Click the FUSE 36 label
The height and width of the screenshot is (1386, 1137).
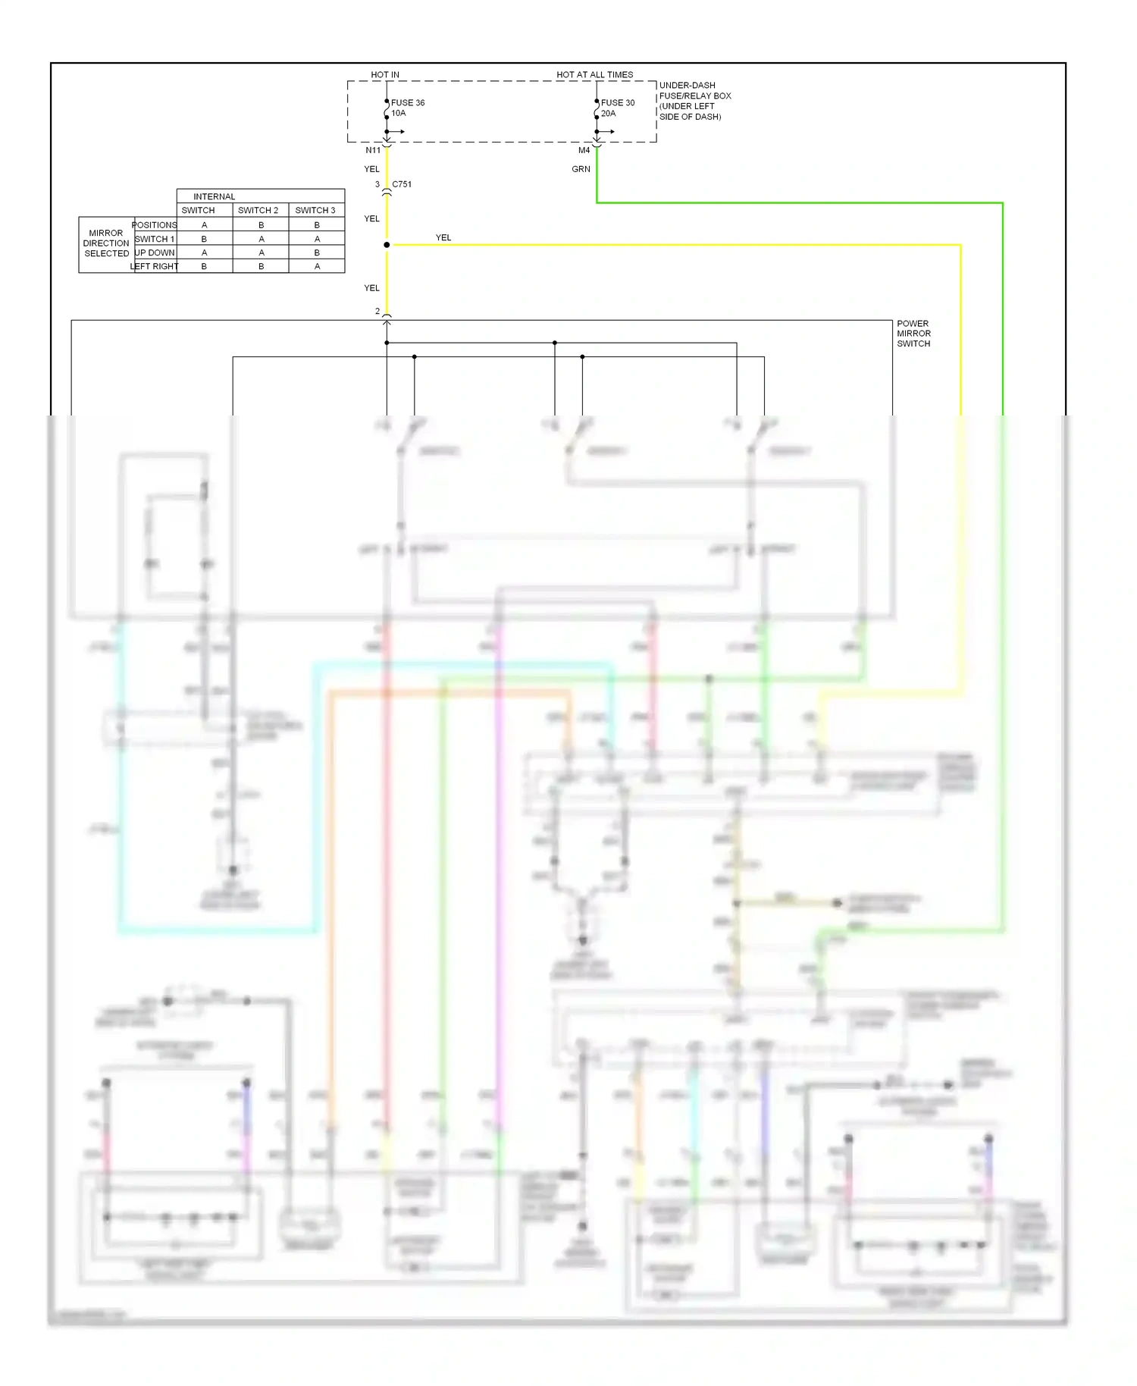(x=408, y=102)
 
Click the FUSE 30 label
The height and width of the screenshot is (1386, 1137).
(x=618, y=102)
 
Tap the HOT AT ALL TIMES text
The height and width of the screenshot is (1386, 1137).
(x=594, y=74)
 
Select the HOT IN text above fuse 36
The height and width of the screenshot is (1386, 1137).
(x=385, y=74)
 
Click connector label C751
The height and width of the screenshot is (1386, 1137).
(x=402, y=184)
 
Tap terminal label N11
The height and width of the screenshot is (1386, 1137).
(x=373, y=150)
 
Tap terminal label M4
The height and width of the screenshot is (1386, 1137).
(x=584, y=150)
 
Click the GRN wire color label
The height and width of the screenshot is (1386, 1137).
(x=581, y=169)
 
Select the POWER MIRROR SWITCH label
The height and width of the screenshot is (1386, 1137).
(x=913, y=334)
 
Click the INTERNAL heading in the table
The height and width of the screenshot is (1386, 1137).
(x=214, y=196)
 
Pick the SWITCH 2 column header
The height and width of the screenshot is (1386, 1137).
(x=258, y=210)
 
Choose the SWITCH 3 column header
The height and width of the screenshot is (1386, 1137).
(x=315, y=210)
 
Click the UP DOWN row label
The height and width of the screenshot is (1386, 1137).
(x=155, y=252)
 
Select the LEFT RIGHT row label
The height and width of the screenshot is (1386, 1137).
(x=155, y=266)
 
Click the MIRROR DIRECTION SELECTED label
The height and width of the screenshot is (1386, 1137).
(x=106, y=243)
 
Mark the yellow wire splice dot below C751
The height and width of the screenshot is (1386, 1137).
(x=387, y=245)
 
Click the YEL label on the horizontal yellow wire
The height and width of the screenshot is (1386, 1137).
(x=443, y=237)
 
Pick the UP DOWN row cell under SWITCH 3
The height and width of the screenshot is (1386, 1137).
(x=317, y=252)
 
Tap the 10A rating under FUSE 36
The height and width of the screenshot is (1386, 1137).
(x=399, y=113)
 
